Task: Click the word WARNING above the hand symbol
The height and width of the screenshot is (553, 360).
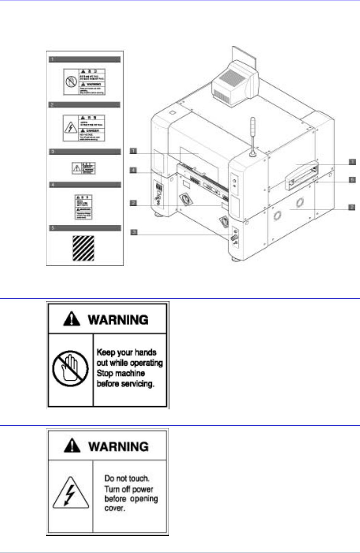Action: (118, 319)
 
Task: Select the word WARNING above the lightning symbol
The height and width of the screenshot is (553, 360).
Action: (118, 447)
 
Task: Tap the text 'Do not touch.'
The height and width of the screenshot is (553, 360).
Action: (127, 478)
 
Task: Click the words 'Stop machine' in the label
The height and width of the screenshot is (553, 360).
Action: (121, 373)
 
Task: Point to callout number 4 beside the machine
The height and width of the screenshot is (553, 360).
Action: (134, 170)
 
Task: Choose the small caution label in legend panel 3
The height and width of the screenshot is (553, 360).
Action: (84, 168)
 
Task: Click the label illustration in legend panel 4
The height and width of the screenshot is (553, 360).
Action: (84, 207)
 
